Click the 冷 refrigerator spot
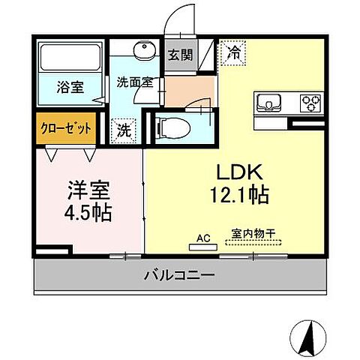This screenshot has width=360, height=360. click(x=234, y=53)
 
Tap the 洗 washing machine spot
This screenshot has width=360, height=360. click(x=124, y=129)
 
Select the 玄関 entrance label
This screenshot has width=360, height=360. click(x=179, y=54)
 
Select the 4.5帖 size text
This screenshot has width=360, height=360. click(x=88, y=212)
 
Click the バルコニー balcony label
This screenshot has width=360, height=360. click(x=179, y=275)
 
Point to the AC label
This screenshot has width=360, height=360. click(x=202, y=238)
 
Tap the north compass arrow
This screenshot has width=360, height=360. click(x=308, y=338)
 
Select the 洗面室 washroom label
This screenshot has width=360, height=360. click(x=135, y=82)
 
